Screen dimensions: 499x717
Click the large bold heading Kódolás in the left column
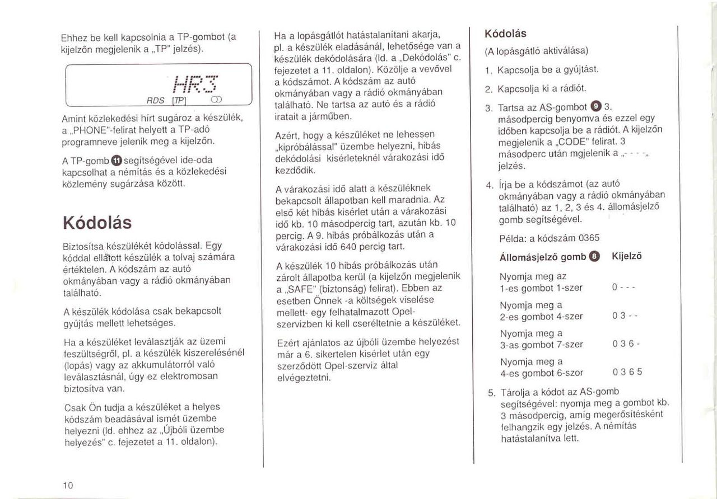pyautogui.click(x=98, y=223)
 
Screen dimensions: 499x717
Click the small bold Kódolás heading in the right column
pyautogui.click(x=505, y=34)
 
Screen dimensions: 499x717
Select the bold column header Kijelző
pyautogui.click(x=626, y=256)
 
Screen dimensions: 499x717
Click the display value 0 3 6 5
pyautogui.click(x=627, y=372)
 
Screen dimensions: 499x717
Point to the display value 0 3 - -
pyautogui.click(x=625, y=316)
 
